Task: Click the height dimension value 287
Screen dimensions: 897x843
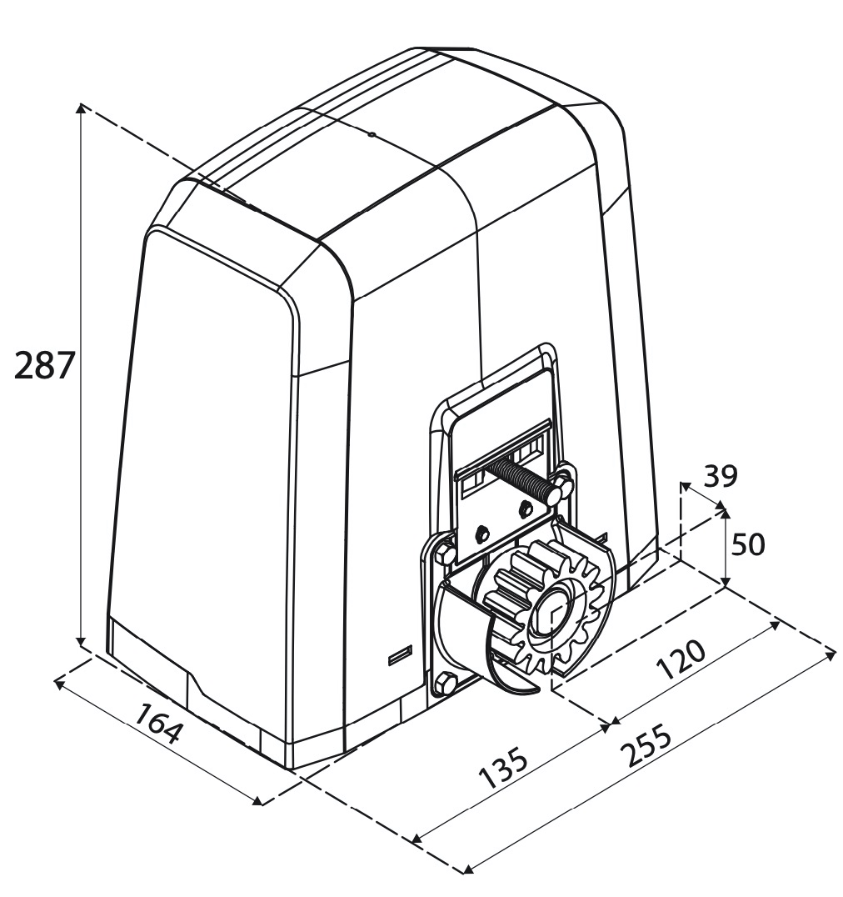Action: pos(46,366)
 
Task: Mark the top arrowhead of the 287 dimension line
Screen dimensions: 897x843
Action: pos(80,107)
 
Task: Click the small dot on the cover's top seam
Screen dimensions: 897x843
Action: pos(371,133)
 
